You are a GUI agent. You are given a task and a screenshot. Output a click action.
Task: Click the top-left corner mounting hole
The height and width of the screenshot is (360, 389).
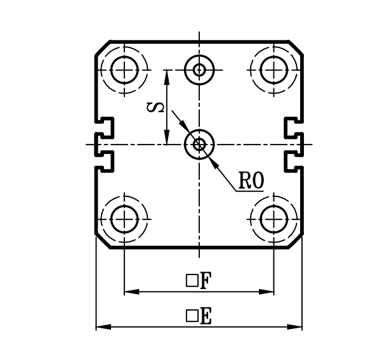point(125,68)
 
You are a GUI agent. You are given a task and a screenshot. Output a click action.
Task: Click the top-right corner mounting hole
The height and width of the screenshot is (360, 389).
point(274,68)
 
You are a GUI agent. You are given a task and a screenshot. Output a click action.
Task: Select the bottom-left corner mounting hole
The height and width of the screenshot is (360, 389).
point(125,219)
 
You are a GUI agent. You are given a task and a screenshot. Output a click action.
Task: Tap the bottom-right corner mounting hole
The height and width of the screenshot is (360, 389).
point(274,219)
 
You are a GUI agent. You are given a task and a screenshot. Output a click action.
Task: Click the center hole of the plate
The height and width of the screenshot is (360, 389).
point(200,145)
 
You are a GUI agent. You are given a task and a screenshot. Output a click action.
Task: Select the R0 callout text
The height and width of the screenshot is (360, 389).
point(251,182)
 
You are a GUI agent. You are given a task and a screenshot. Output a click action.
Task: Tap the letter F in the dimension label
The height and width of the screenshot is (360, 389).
point(206,281)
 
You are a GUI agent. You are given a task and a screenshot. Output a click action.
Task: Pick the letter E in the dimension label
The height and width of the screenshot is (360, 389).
point(206,316)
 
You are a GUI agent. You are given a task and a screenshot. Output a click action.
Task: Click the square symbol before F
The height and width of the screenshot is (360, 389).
point(190,281)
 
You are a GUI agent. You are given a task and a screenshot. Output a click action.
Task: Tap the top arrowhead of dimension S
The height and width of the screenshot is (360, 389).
point(166,75)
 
